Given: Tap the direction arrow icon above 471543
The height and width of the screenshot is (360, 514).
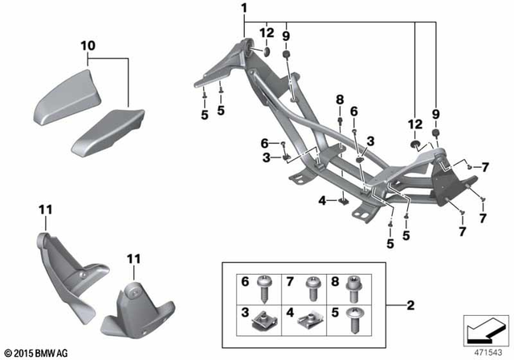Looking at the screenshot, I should coord(486,330).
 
